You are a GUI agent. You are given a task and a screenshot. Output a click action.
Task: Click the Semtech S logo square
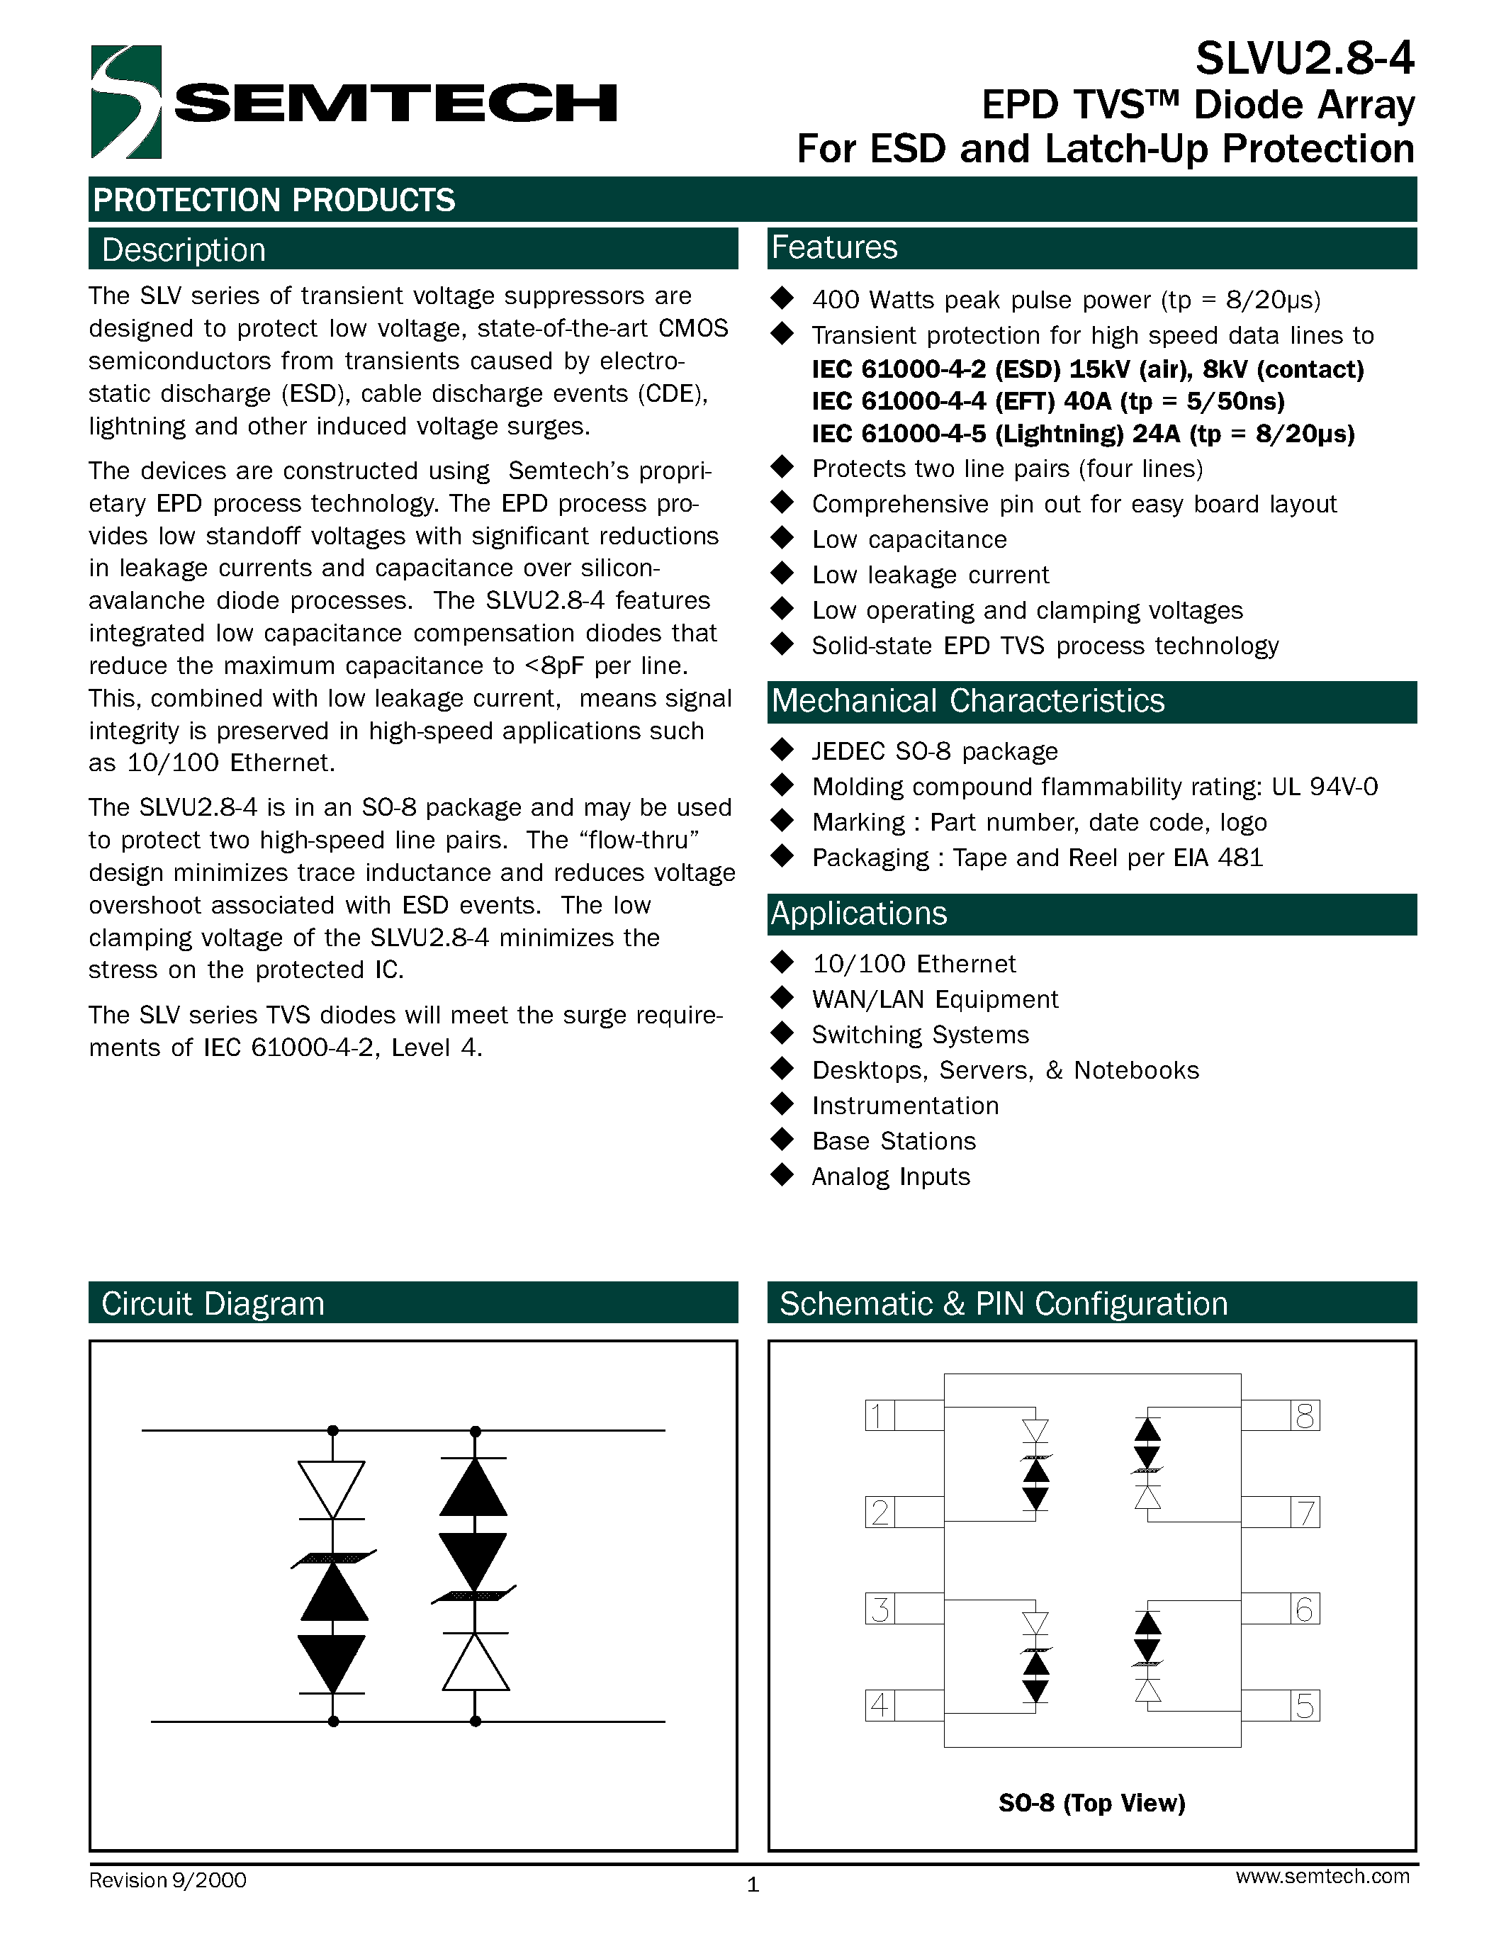pyautogui.click(x=126, y=102)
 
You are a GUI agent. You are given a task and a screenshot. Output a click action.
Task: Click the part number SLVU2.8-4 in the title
pyautogui.click(x=1304, y=59)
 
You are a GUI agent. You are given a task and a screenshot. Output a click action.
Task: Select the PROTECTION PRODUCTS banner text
pyautogui.click(x=274, y=200)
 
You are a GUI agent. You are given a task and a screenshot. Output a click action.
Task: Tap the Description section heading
pyautogui.click(x=183, y=250)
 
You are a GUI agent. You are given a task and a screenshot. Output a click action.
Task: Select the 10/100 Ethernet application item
pyautogui.click(x=914, y=964)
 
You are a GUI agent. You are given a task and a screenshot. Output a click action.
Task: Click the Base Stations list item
pyautogui.click(x=893, y=1141)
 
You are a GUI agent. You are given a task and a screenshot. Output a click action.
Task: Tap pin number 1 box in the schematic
pyautogui.click(x=879, y=1415)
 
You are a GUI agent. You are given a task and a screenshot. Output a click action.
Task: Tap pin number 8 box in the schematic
pyautogui.click(x=1304, y=1415)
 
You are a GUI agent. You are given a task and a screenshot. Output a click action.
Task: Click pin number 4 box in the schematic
pyautogui.click(x=879, y=1705)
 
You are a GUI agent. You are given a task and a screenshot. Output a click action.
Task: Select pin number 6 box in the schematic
pyautogui.click(x=1304, y=1609)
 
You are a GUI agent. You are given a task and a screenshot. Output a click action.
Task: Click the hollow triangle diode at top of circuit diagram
pyautogui.click(x=332, y=1488)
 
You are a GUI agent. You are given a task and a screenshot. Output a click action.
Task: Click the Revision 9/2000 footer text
pyautogui.click(x=168, y=1880)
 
